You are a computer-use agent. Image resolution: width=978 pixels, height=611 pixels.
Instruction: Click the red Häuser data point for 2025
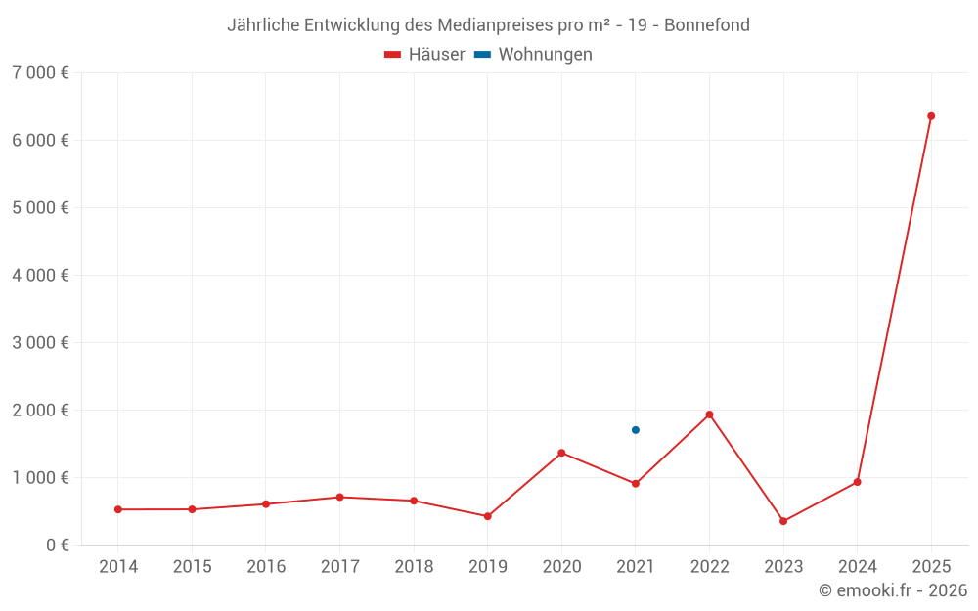tap(931, 116)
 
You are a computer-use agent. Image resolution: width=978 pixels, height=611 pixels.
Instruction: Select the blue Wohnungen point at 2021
tap(636, 430)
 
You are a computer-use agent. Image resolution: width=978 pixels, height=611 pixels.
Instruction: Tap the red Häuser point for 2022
tap(709, 415)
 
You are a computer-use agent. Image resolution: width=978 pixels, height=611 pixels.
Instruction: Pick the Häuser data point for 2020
tap(561, 453)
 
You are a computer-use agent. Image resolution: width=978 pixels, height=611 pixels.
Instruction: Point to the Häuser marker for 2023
tap(783, 521)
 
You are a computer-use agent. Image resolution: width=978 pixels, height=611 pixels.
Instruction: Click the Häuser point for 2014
tap(118, 509)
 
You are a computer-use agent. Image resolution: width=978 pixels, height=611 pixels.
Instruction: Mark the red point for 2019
tap(488, 516)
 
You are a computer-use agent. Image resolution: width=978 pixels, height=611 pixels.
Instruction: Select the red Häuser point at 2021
tap(636, 484)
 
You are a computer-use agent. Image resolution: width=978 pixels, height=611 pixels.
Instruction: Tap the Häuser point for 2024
tap(858, 482)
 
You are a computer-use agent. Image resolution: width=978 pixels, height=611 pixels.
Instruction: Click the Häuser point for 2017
tap(339, 498)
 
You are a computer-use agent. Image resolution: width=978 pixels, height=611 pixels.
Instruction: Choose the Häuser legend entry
tap(424, 55)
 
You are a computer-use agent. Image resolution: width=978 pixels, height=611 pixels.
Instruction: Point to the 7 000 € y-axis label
tap(40, 73)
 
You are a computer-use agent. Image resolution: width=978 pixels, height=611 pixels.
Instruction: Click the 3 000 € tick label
tap(40, 343)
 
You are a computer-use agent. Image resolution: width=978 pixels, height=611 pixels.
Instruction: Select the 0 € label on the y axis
tap(58, 546)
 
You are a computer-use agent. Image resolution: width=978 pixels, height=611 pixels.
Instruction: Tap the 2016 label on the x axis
tap(266, 567)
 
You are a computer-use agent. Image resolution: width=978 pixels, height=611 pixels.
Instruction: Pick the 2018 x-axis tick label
tap(414, 567)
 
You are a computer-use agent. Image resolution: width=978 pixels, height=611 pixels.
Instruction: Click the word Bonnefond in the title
tap(707, 25)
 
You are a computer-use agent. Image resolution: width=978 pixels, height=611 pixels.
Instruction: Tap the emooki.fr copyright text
tap(893, 590)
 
